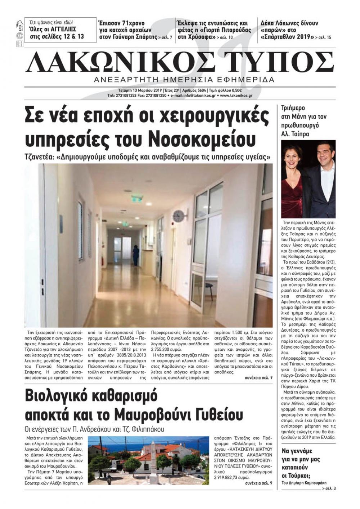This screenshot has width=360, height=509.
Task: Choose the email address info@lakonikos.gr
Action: [x=196, y=96]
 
